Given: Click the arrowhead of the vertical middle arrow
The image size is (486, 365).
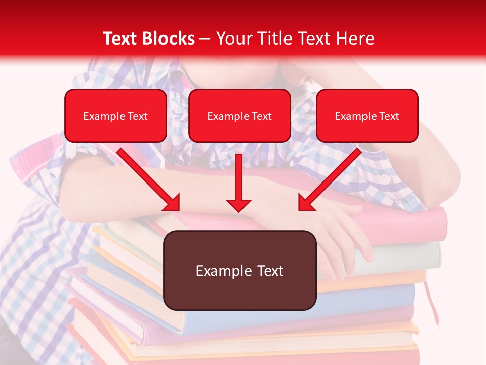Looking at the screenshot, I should coord(239,205).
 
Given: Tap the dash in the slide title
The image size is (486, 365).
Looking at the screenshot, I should coord(206,39).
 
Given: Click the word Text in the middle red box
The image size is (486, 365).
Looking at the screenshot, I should coord(262,116).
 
